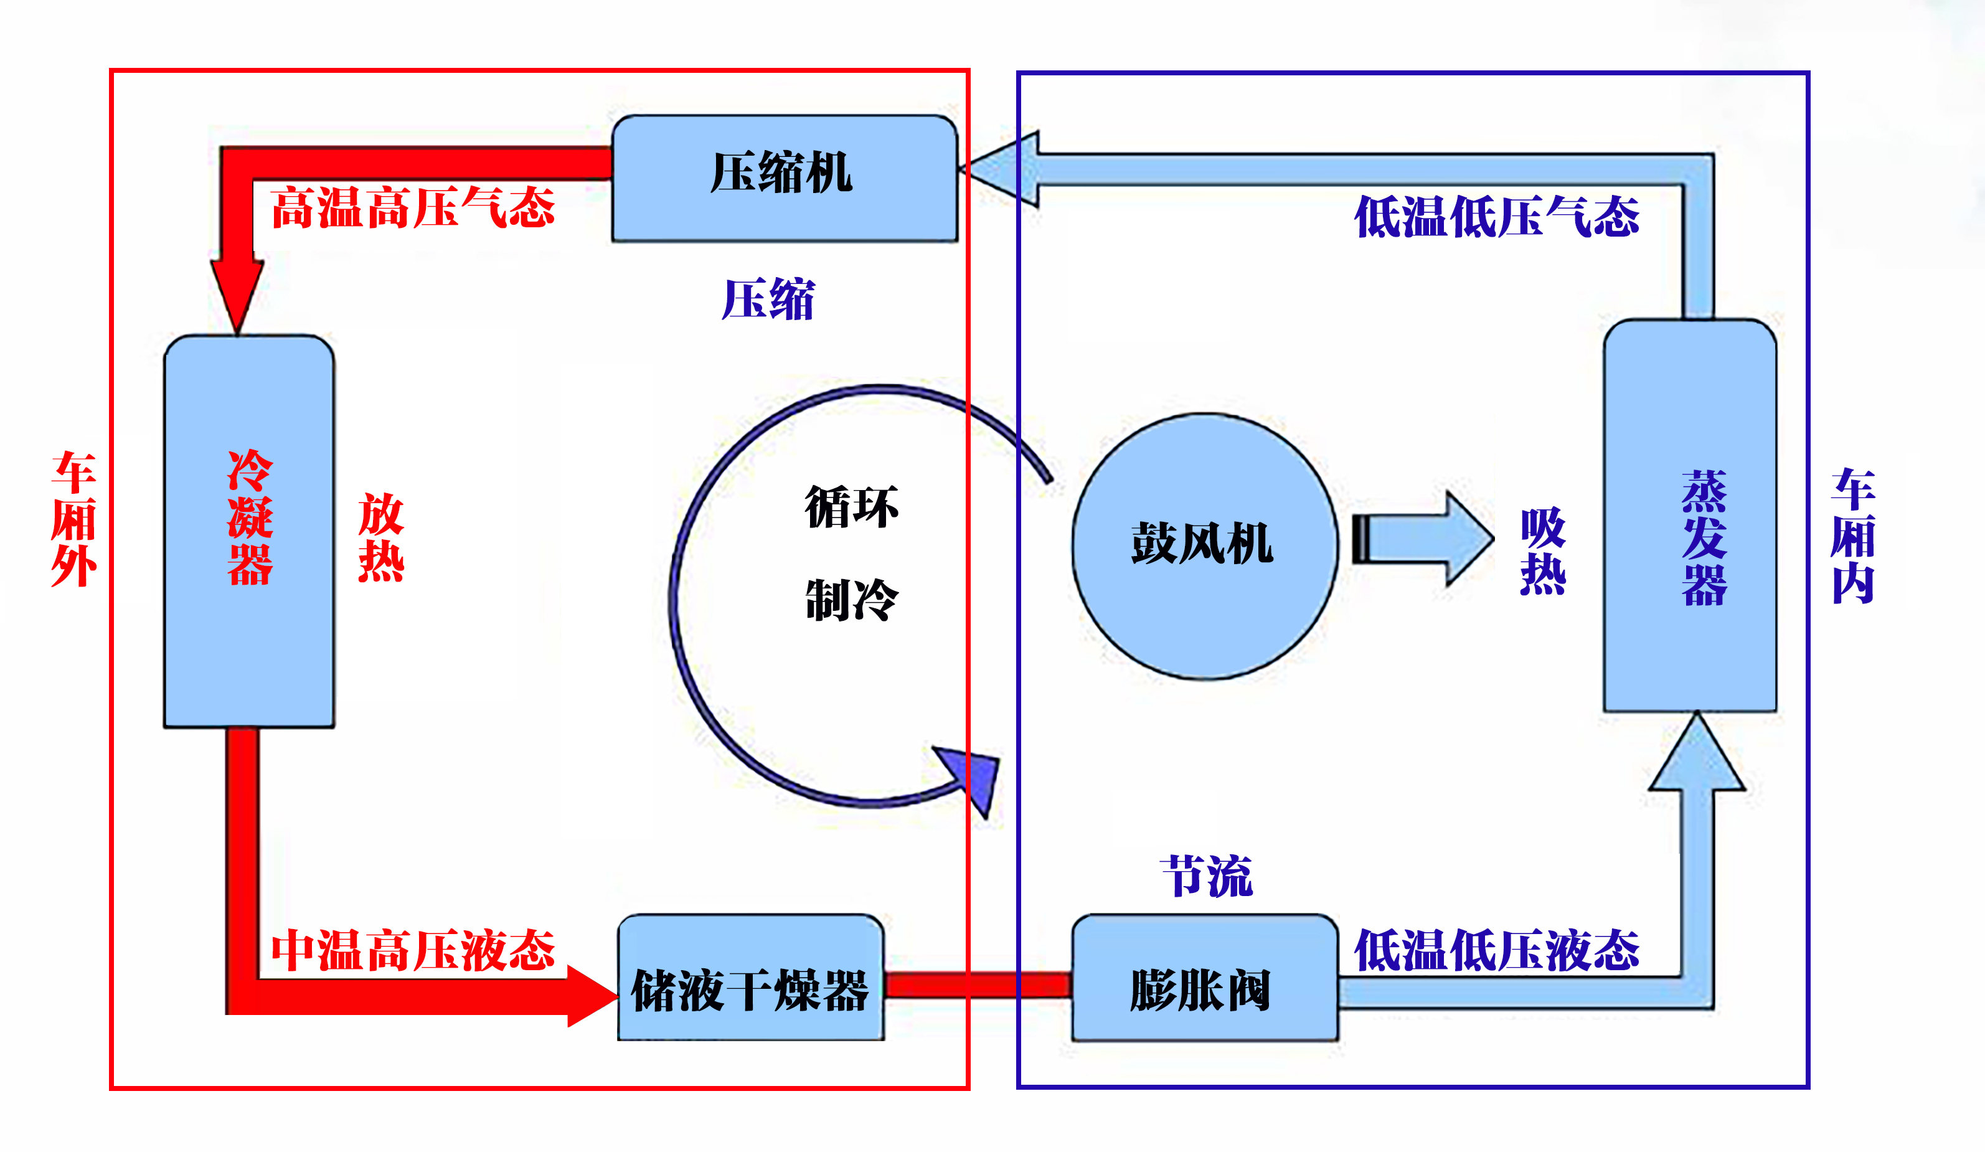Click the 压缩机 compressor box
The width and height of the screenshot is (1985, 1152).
click(785, 178)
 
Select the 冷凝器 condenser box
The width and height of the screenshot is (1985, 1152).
click(249, 529)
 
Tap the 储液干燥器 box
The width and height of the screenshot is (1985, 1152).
click(750, 977)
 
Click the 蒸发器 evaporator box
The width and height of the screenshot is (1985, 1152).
click(1690, 516)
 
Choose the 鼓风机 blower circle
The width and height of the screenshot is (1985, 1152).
click(1204, 545)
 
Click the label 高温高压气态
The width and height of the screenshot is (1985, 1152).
click(413, 208)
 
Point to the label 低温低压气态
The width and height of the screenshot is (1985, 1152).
click(1497, 217)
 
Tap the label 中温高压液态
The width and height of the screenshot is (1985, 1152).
click(413, 950)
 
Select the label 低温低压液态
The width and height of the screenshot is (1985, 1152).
click(1497, 950)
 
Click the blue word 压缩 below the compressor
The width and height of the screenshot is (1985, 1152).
click(768, 300)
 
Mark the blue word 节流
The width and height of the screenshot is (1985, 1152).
click(1206, 876)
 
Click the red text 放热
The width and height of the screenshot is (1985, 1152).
click(381, 538)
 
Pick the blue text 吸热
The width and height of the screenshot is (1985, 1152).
click(1542, 552)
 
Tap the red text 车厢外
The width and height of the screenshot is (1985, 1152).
click(74, 520)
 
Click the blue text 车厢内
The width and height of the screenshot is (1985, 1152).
click(1852, 536)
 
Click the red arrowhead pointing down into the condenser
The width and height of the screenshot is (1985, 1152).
click(237, 291)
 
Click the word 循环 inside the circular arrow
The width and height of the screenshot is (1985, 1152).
click(851, 507)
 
